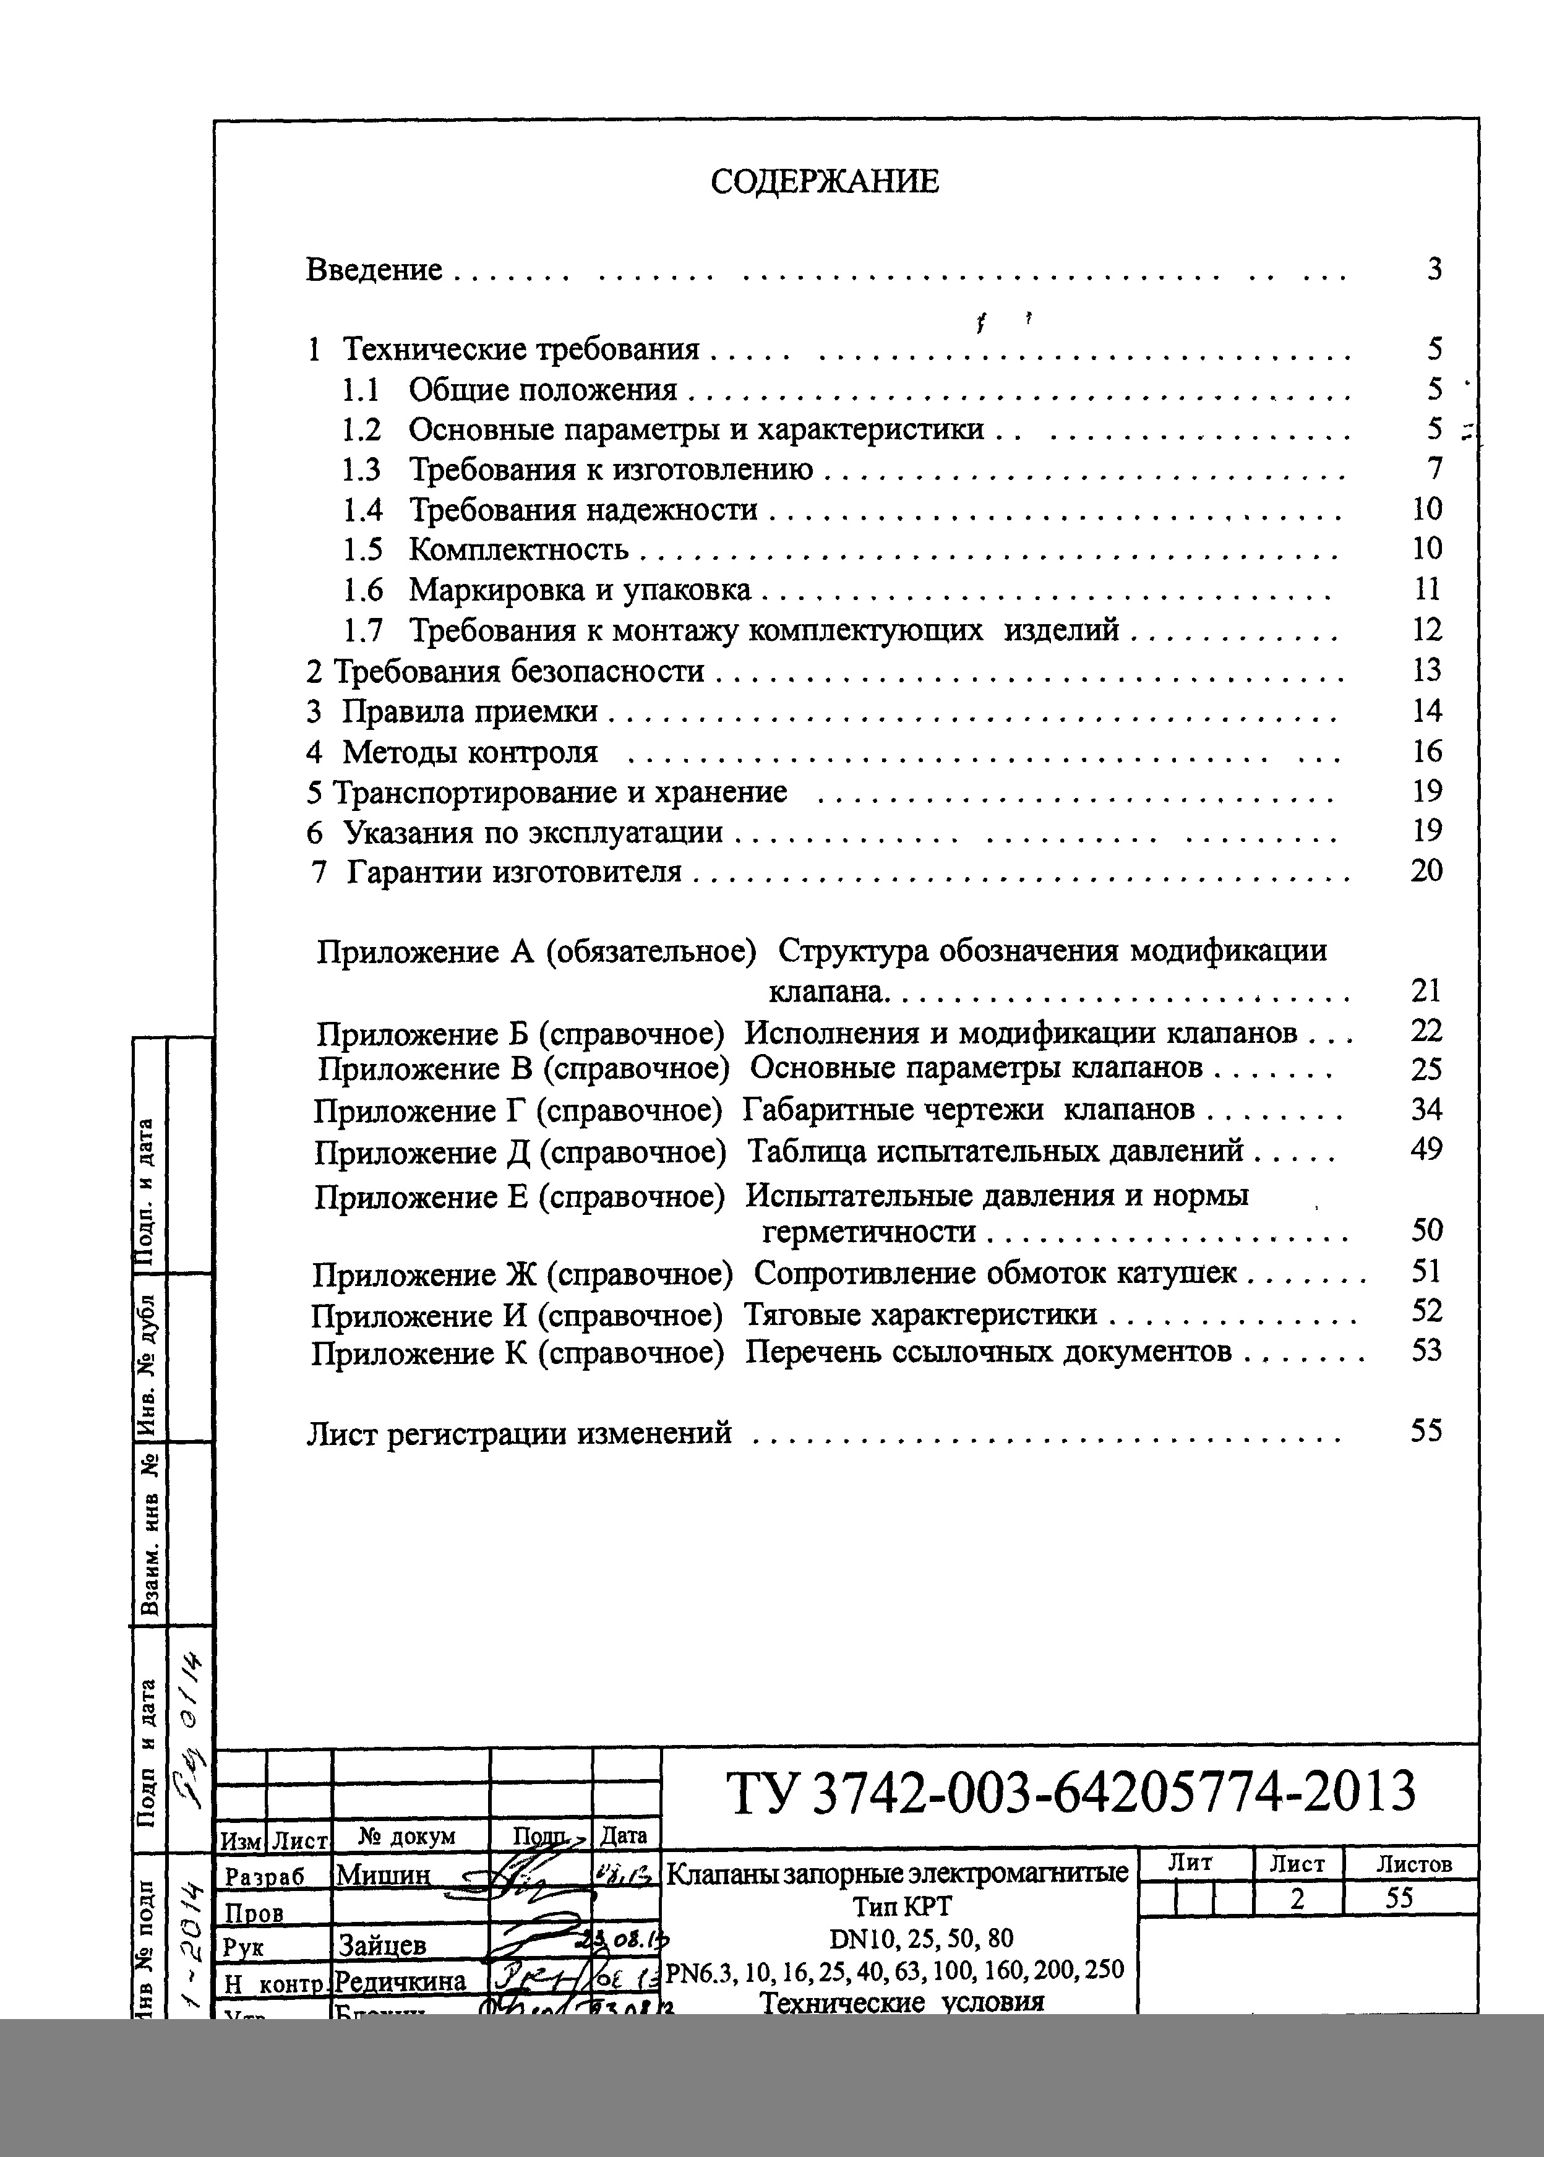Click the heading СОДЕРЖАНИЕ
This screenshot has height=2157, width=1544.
825,182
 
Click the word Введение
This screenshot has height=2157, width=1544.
374,270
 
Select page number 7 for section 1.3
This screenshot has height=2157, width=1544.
1435,469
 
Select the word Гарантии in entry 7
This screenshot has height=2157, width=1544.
410,872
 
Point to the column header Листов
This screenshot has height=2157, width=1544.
1413,1864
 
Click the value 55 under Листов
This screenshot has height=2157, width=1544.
1399,1897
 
